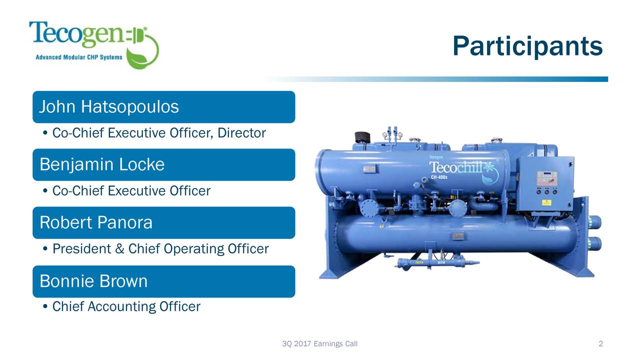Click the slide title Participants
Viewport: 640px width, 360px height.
coord(527,46)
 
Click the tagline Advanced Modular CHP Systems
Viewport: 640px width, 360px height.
coord(79,57)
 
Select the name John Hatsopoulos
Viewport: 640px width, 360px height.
coord(109,107)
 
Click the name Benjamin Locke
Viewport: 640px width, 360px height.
coord(102,164)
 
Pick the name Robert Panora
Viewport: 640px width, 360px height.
coord(96,222)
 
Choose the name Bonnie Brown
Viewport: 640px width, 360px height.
coord(93,281)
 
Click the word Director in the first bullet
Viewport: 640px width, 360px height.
coord(241,133)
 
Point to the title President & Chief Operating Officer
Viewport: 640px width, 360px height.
coord(160,248)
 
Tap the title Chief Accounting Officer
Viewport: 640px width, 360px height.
coord(126,306)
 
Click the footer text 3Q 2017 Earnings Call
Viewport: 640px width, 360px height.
coord(319,343)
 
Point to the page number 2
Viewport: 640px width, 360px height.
coord(600,343)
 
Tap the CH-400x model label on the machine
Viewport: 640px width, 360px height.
coord(439,177)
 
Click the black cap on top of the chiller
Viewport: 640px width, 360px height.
coord(362,137)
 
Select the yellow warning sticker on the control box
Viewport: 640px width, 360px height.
coord(546,202)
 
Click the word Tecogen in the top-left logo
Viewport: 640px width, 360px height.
coord(76,34)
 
